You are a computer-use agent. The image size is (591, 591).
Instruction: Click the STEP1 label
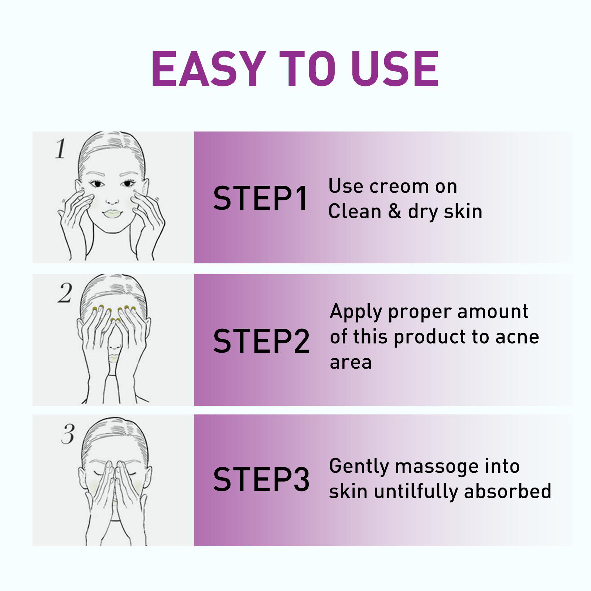coord(260,199)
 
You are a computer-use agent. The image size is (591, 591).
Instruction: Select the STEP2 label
coord(261,341)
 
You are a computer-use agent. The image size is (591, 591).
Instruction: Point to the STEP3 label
coord(261,479)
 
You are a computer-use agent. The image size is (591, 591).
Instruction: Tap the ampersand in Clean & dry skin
coord(394,212)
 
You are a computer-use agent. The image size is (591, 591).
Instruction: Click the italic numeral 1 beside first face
coord(61,149)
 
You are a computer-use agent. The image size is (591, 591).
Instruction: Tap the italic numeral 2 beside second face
coord(65,293)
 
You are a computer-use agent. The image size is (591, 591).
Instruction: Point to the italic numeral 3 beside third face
coord(68,434)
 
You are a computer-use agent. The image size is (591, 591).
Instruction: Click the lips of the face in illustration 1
coord(112,213)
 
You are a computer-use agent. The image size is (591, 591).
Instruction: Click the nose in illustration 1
coord(112,199)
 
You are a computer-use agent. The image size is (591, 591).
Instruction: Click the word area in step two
coord(351,362)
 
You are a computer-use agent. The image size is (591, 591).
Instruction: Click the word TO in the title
coord(307,69)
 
